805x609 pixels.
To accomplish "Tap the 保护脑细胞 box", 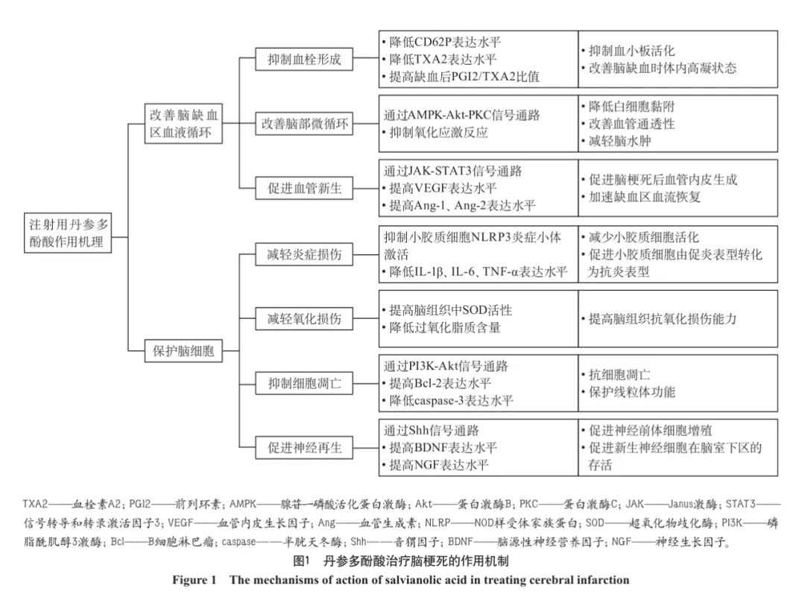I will click(183, 351).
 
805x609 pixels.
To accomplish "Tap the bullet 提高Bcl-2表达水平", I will click(441, 384).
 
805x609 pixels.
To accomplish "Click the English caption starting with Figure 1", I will click(401, 579).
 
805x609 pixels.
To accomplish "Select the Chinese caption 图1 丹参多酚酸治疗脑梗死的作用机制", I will click(401, 561).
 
